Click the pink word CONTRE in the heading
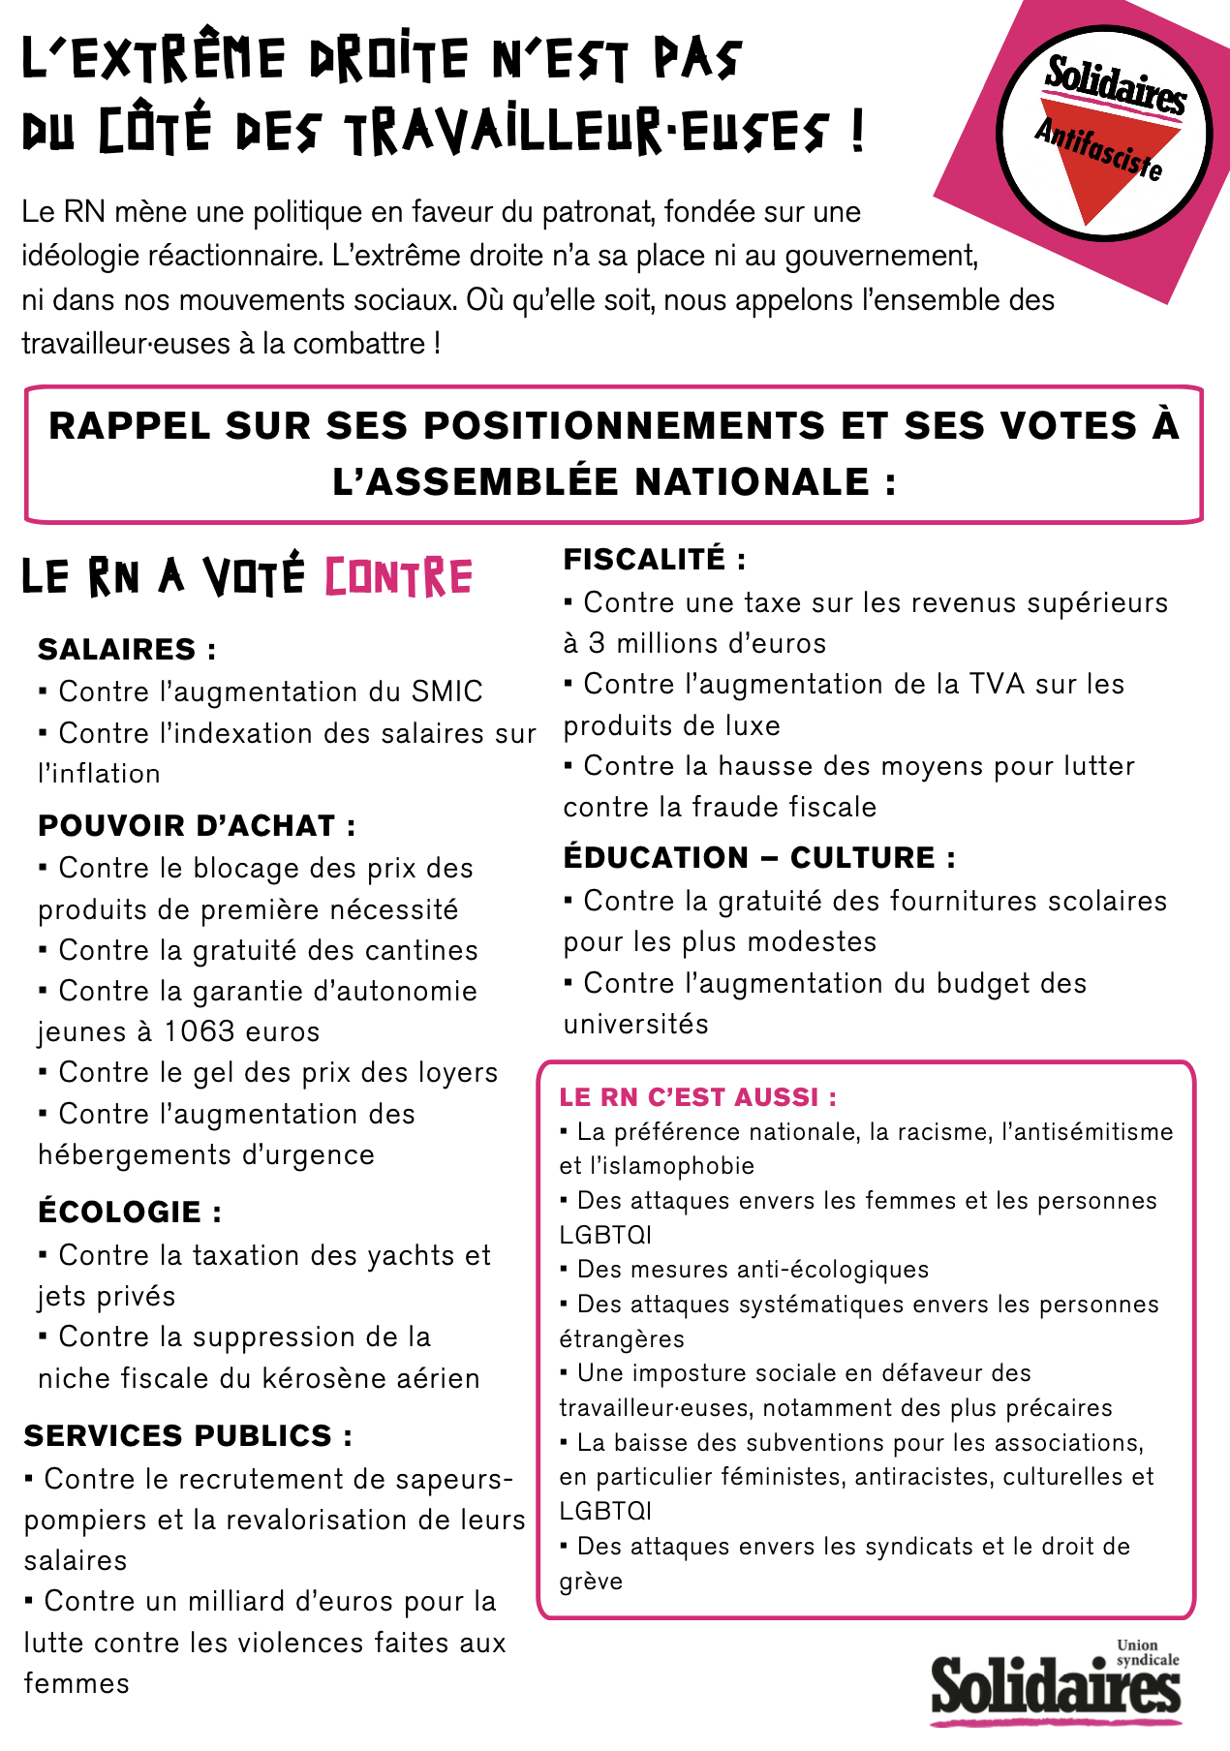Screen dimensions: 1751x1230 398,577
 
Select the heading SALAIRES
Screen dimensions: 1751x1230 127,649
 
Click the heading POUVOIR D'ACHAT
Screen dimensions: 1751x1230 197,825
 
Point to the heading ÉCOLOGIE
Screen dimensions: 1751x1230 130,1212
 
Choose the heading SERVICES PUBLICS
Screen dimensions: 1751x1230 188,1435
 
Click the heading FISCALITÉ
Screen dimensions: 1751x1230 655,559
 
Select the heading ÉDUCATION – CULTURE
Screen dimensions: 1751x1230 759,857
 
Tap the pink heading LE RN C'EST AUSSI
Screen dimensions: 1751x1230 698,1096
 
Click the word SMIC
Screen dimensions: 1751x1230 446,691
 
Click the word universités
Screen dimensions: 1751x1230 635,1024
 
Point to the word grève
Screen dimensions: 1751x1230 591,1582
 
